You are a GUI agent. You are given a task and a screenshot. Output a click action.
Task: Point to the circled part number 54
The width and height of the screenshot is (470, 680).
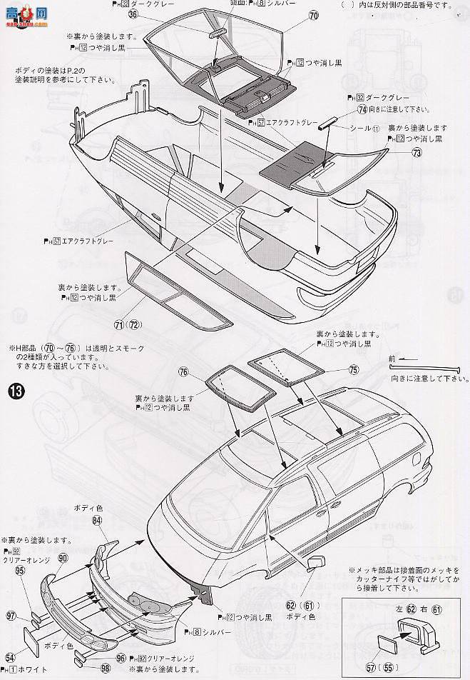click(x=10, y=657)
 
